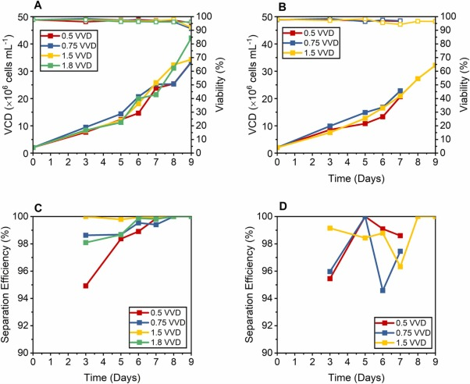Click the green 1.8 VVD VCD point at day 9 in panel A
(x=191, y=37)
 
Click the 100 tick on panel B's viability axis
(x=448, y=16)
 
